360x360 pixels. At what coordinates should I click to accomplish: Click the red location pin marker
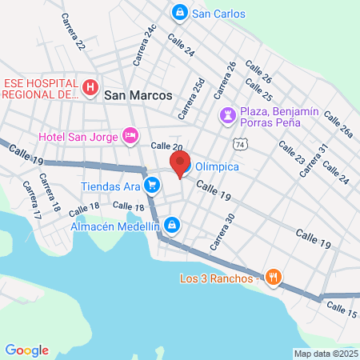point(178,163)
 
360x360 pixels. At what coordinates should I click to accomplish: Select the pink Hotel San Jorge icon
point(129,135)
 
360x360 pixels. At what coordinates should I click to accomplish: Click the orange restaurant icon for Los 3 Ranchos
point(274,278)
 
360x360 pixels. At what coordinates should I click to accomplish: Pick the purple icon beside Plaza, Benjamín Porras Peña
point(229,115)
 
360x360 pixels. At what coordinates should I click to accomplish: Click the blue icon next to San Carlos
point(180,13)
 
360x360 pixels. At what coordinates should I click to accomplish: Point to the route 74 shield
point(240,144)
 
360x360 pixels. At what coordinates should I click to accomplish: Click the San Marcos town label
point(138,94)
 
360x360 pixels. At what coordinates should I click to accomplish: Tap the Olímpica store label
point(218,167)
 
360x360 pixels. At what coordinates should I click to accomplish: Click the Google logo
point(26,350)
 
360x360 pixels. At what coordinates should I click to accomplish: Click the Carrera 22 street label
point(74,34)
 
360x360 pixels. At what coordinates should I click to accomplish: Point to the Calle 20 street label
point(166,146)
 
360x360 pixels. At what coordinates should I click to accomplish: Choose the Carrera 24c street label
point(145,44)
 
